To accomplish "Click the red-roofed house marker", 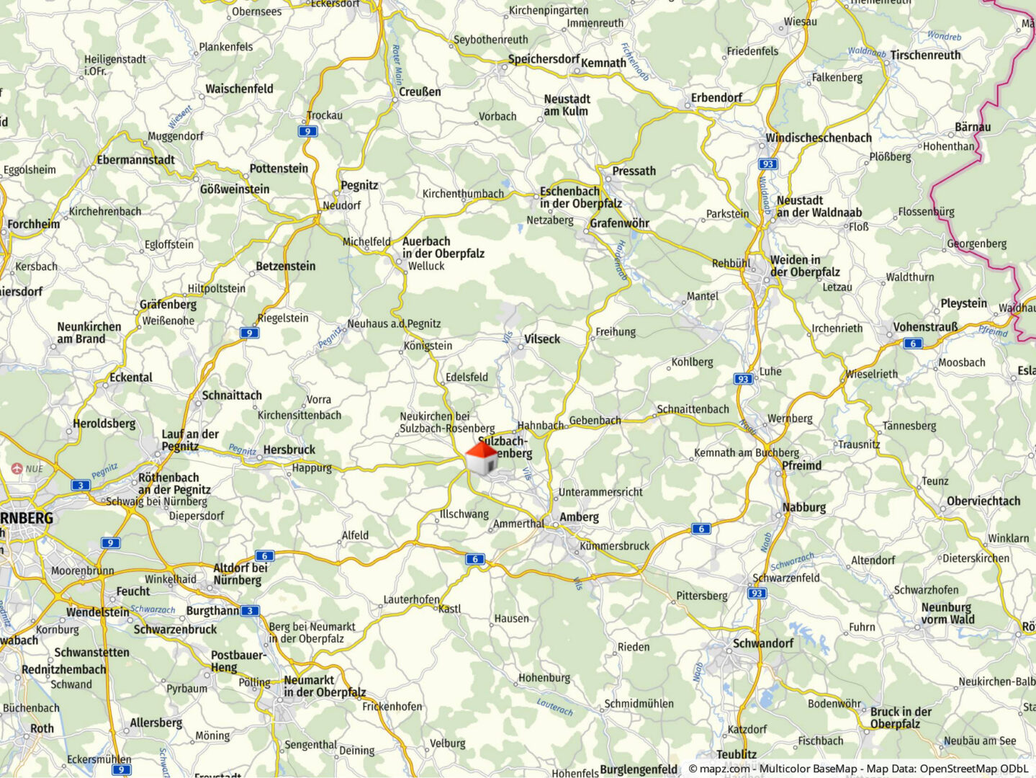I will click(x=481, y=458).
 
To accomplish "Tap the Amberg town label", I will click(x=579, y=517).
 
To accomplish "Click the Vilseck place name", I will click(x=541, y=339).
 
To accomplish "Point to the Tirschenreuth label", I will click(x=925, y=55).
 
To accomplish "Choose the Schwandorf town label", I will click(x=762, y=643).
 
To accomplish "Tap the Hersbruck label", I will click(x=289, y=450).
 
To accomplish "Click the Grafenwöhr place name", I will click(x=619, y=223).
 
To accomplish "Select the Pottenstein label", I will click(x=279, y=169).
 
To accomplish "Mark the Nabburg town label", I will click(x=804, y=507).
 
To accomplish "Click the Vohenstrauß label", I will click(x=925, y=327).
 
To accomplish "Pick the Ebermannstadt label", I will click(x=135, y=160).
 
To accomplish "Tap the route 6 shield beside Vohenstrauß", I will click(x=913, y=344).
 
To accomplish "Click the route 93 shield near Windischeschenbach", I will click(x=768, y=164).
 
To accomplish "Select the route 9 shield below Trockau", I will click(x=308, y=131).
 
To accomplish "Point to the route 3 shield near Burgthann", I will click(x=250, y=611).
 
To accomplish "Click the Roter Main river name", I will click(x=396, y=65).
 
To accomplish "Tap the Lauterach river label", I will click(x=554, y=707).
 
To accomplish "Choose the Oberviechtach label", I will click(x=983, y=501).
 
